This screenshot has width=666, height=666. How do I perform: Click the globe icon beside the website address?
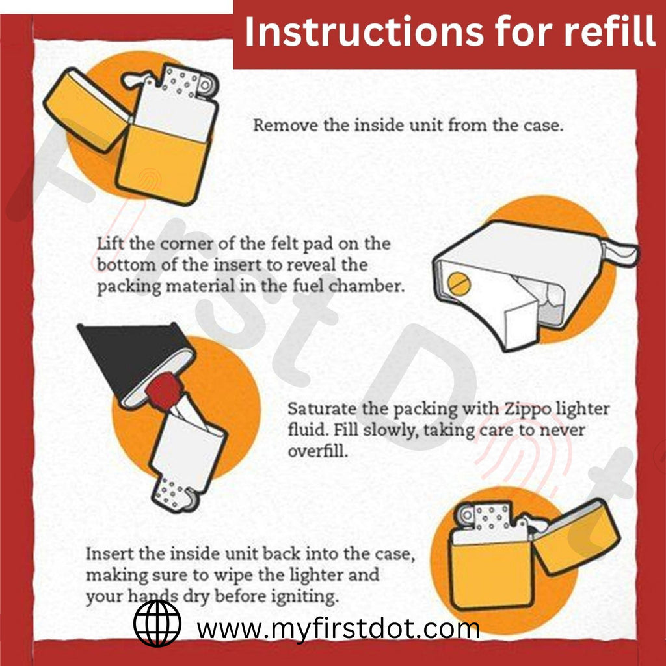(x=157, y=623)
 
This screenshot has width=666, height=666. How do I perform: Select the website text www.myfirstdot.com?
(x=338, y=629)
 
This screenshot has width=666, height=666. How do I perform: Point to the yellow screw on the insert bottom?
(x=459, y=282)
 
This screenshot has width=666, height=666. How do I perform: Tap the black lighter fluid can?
(x=124, y=358)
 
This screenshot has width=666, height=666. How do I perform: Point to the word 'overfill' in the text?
(x=318, y=451)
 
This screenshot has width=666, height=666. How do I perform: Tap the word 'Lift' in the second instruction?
(x=109, y=244)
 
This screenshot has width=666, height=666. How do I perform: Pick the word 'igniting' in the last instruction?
(x=306, y=596)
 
